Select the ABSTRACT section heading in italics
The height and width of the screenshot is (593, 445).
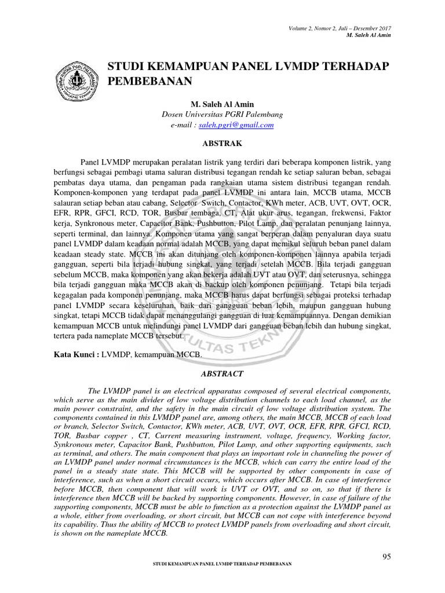point(222,374)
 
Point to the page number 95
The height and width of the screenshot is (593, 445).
point(387,557)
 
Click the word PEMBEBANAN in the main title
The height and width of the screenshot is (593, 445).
point(150,80)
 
